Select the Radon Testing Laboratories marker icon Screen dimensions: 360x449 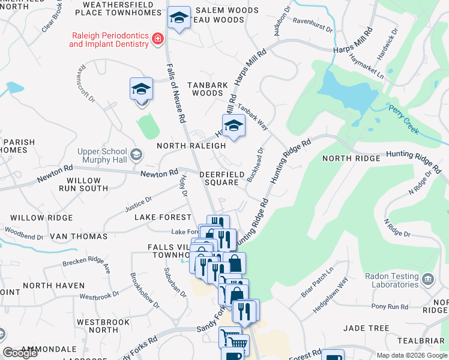[428, 278]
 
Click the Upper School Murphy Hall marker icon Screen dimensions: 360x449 [136, 155]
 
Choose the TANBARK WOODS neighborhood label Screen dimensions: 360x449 [207, 89]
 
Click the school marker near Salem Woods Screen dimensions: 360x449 [179, 19]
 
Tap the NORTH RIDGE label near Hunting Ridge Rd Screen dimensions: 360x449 [351, 158]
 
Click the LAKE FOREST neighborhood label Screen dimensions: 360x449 [158, 217]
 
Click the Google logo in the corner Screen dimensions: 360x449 [20, 353]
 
